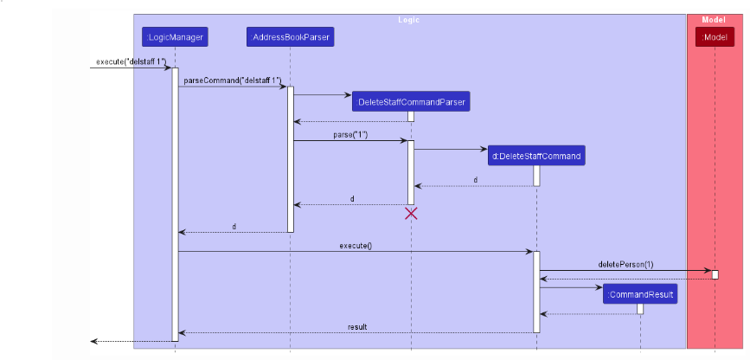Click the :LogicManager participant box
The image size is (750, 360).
(x=175, y=37)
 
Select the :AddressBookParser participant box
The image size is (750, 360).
(x=290, y=37)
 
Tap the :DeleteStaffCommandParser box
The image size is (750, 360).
(x=411, y=102)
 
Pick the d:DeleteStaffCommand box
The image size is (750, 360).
(x=536, y=156)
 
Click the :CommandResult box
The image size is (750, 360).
(x=640, y=295)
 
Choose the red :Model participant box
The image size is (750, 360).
(x=715, y=37)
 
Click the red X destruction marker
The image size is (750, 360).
(x=411, y=213)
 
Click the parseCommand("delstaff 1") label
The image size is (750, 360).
(x=232, y=80)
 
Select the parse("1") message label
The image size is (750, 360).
(x=350, y=135)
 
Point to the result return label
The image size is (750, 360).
(x=357, y=327)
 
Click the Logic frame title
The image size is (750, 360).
(x=409, y=19)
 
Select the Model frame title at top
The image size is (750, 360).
(x=715, y=19)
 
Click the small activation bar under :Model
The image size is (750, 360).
(x=715, y=274)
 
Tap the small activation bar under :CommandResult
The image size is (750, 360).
(x=640, y=309)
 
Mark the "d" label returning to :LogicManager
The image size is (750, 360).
(x=234, y=227)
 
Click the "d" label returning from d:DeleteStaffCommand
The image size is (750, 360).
(x=475, y=180)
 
